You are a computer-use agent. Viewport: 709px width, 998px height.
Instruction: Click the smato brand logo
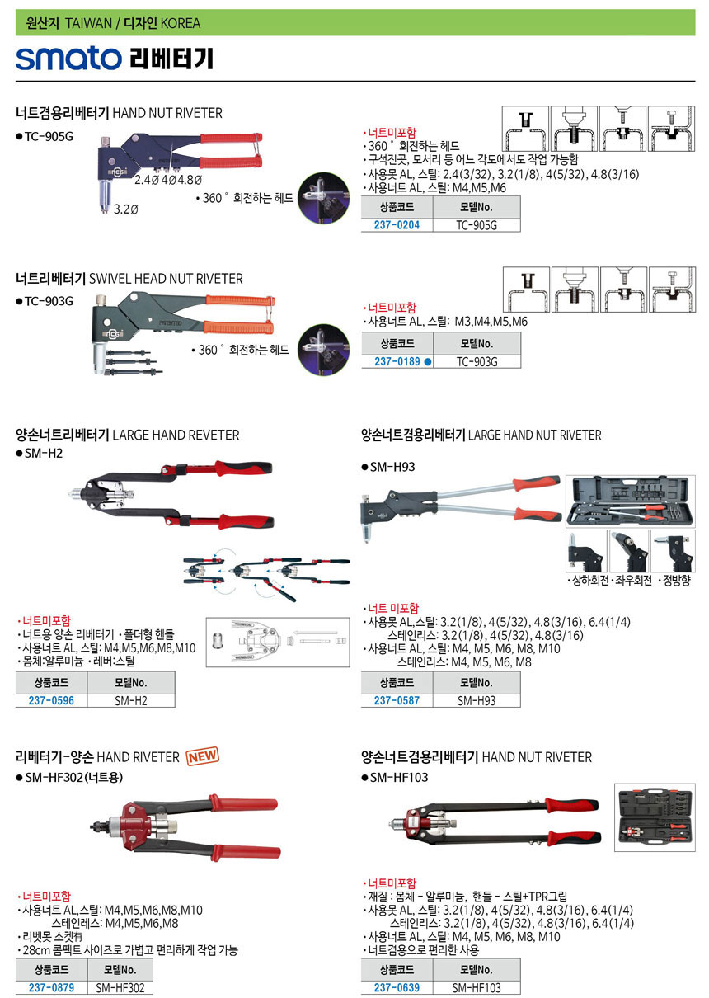pyautogui.click(x=68, y=59)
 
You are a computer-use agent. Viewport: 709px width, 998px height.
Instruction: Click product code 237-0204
pyautogui.click(x=397, y=225)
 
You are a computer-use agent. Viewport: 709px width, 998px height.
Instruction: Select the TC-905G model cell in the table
pyautogui.click(x=476, y=225)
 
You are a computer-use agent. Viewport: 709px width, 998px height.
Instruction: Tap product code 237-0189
pyautogui.click(x=397, y=361)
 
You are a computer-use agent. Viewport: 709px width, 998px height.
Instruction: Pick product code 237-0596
pyautogui.click(x=51, y=700)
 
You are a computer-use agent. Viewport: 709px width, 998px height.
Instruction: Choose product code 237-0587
pyautogui.click(x=397, y=700)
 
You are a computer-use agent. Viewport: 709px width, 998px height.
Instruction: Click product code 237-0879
pyautogui.click(x=51, y=988)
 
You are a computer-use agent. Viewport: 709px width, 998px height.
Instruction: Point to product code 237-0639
pyautogui.click(x=397, y=988)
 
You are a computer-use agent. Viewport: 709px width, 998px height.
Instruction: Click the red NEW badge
pyautogui.click(x=203, y=756)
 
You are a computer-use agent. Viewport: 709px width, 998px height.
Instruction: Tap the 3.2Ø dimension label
pyautogui.click(x=125, y=209)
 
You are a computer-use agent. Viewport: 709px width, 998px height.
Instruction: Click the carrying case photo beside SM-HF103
pyautogui.click(x=655, y=817)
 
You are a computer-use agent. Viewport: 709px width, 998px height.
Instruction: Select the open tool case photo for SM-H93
pyautogui.click(x=630, y=501)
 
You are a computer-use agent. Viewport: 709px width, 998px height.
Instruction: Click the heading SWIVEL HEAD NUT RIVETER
pyautogui.click(x=166, y=279)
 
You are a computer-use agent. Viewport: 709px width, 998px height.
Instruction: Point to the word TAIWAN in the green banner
pyautogui.click(x=89, y=23)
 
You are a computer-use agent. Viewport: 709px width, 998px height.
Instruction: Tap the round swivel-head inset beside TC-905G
pyautogui.click(x=323, y=198)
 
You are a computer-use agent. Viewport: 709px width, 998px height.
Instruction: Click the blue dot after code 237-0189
pyautogui.click(x=428, y=362)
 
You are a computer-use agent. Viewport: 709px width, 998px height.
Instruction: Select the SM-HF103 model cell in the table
pyautogui.click(x=476, y=988)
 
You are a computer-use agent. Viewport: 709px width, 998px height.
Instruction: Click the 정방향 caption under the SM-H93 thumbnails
pyautogui.click(x=675, y=580)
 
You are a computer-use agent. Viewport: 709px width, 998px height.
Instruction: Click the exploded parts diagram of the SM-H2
pyautogui.click(x=278, y=642)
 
